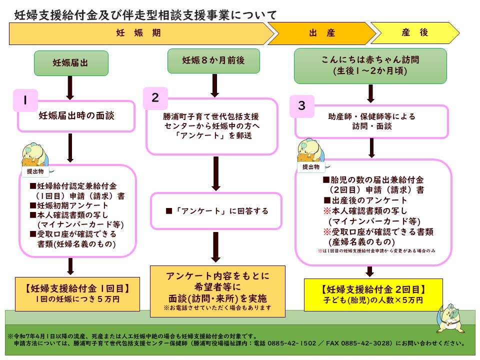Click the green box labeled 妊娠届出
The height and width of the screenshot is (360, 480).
pos(70,63)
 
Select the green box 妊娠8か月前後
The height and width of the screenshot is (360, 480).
pos(213,61)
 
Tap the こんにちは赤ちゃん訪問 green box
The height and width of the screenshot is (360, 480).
pos(370,65)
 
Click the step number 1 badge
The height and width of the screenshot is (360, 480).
pos(24,100)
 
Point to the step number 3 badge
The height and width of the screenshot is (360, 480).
pos(301,106)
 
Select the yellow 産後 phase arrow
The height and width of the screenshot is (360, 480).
pos(414,33)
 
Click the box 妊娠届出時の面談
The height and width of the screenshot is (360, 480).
pos(76,116)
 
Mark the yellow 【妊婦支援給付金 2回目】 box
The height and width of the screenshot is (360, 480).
pos(373,294)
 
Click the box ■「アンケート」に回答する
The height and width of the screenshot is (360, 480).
pos(217,211)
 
